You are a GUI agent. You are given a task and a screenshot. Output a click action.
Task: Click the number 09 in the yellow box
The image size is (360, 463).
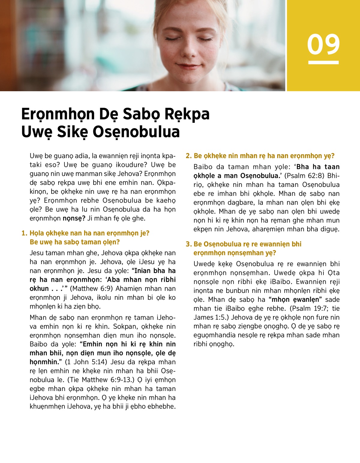point(323,44)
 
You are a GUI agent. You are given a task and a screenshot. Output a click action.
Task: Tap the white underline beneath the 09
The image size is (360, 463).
point(323,62)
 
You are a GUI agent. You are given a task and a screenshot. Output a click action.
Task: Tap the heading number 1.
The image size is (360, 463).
point(24,233)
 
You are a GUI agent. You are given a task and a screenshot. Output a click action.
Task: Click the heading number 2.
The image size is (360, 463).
point(188,156)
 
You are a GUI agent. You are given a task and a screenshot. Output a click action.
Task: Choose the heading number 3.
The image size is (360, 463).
point(188,244)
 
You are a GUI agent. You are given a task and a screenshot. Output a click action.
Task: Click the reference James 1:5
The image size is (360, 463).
point(211,317)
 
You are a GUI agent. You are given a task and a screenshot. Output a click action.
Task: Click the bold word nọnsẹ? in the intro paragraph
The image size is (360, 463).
point(74,218)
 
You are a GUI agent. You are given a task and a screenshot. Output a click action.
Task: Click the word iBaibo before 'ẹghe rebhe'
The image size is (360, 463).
point(235,308)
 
